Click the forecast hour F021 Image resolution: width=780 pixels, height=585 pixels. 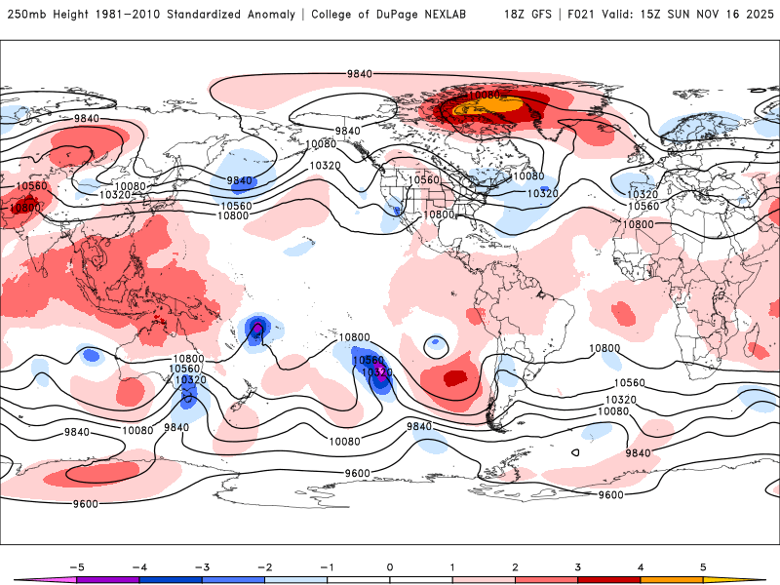[x=582, y=15]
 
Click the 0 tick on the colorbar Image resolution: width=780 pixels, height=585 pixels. [x=389, y=566]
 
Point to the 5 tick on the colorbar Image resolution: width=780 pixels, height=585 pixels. [x=703, y=566]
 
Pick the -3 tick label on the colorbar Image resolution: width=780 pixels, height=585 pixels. [x=201, y=566]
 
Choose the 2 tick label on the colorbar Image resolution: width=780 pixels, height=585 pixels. [x=515, y=566]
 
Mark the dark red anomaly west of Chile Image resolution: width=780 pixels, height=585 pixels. [x=453, y=376]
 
